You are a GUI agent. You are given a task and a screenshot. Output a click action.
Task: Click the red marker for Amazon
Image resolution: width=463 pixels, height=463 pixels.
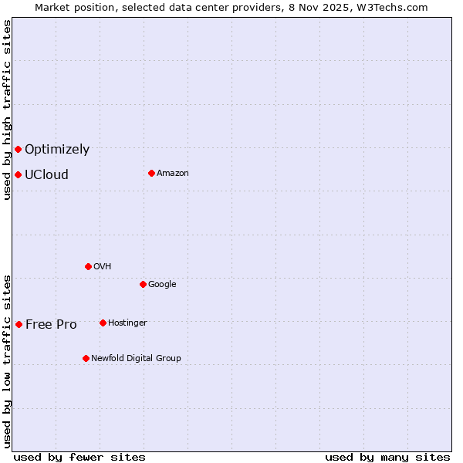point(151,173)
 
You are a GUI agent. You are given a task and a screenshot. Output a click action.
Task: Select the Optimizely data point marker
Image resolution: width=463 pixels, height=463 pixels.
point(18,149)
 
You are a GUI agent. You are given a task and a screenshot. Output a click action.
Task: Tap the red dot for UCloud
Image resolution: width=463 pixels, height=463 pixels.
point(18,174)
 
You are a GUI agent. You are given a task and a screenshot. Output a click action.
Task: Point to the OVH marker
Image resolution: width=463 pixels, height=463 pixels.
point(88,266)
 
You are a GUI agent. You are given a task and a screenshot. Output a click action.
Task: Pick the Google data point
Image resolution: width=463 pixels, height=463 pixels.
point(143,284)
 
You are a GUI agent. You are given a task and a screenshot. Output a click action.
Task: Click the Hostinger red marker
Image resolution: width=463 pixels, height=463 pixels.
point(103,323)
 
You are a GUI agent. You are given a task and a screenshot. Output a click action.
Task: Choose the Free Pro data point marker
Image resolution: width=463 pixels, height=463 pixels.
point(19,324)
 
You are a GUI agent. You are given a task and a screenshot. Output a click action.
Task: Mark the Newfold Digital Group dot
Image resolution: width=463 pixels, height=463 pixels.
point(86,358)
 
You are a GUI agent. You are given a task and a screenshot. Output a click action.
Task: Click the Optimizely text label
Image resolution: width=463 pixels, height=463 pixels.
point(57,150)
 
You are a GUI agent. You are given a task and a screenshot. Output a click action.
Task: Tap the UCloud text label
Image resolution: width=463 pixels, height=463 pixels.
point(46,175)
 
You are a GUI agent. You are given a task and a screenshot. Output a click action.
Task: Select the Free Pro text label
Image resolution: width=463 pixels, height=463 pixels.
point(51,325)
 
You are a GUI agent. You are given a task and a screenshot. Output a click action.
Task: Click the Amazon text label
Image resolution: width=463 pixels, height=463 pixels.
point(173,174)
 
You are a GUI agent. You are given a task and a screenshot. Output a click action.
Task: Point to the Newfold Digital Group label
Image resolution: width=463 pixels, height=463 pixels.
point(136,358)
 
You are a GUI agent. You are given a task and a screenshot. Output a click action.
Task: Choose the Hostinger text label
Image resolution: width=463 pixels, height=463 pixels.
point(127,323)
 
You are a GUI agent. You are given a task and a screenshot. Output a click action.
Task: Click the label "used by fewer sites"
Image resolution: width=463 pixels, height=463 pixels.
point(79,457)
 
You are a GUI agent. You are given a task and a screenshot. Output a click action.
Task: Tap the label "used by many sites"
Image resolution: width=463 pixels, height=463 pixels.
point(387,457)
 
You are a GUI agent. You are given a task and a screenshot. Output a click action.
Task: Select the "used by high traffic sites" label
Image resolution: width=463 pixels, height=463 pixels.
point(7,110)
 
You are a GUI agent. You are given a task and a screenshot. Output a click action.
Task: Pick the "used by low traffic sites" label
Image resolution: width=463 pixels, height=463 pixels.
point(7,360)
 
